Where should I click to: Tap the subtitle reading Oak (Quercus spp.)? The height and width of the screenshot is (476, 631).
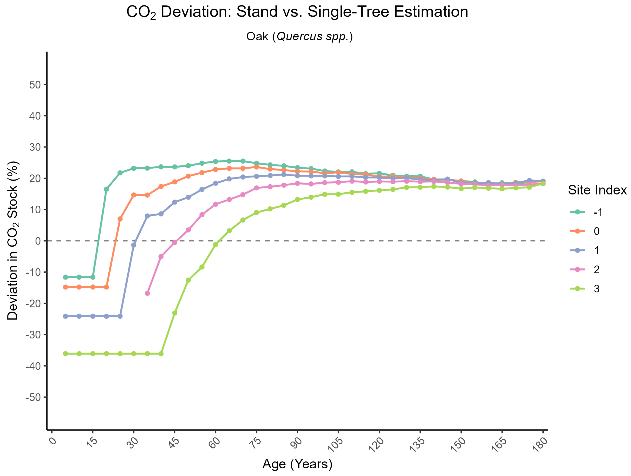click(x=299, y=36)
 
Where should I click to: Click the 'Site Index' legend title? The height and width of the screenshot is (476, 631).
click(x=597, y=190)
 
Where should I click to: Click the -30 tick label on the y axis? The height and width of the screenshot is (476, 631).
click(x=33, y=335)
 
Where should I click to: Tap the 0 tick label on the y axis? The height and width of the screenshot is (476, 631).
click(x=38, y=241)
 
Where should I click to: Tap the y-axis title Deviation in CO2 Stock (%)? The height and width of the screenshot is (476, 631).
click(x=13, y=241)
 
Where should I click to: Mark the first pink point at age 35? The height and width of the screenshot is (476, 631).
click(x=147, y=293)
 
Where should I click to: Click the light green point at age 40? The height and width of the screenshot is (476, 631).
click(x=161, y=353)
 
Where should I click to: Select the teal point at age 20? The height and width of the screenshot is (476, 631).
click(x=106, y=189)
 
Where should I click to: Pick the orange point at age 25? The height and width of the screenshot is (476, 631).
click(x=120, y=219)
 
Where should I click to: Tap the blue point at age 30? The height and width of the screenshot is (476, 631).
click(x=133, y=245)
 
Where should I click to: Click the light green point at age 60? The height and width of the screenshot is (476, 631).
click(x=215, y=244)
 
